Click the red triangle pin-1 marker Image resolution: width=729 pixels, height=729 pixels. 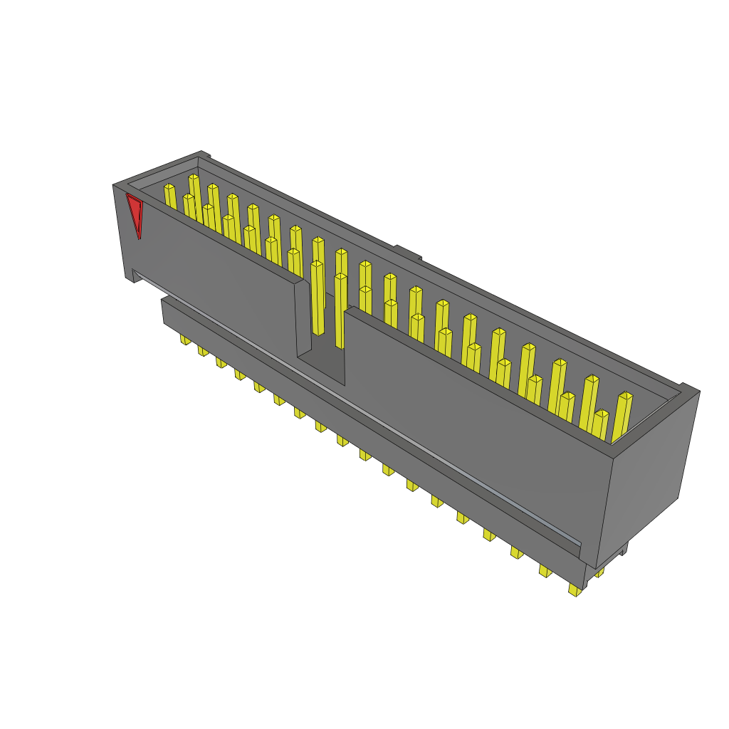coord(135,214)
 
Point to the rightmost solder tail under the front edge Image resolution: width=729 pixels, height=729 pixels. coord(575,589)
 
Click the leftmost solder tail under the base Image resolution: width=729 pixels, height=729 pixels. coord(185,340)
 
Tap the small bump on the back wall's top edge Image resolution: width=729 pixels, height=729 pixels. coord(408,253)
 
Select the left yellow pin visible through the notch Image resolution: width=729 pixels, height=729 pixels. coord(318,299)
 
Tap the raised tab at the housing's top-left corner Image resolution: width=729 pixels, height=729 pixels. coord(204,154)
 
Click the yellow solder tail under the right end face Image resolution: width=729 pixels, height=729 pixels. coord(600,572)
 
